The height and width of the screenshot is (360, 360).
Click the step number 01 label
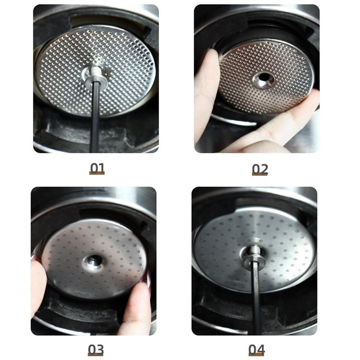pyautogui.click(x=97, y=168)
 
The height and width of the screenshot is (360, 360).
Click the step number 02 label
pyautogui.click(x=260, y=169)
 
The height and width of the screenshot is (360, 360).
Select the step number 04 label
pyautogui.click(x=256, y=349)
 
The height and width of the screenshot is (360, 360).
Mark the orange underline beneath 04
pyautogui.click(x=256, y=355)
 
